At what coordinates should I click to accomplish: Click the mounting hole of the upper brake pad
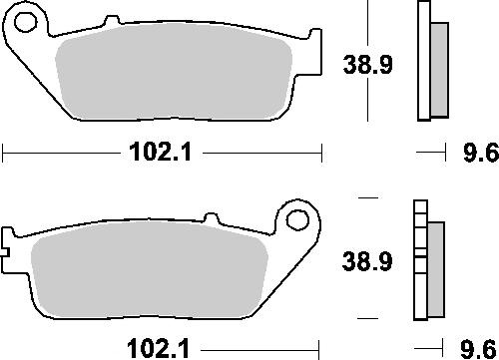tap(25, 22)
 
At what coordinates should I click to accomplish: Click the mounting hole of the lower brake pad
tap(297, 220)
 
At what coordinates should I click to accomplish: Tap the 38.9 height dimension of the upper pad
tap(367, 65)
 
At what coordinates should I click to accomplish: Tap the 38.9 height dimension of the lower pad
tap(367, 260)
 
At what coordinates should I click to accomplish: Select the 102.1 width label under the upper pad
tap(161, 153)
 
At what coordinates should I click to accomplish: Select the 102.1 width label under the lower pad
tap(159, 349)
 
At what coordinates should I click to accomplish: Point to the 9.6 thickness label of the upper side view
tap(481, 153)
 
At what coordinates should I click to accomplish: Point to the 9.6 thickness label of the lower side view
tap(478, 349)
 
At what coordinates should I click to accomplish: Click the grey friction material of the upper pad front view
tap(173, 72)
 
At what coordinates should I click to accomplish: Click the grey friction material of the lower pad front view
tap(150, 268)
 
